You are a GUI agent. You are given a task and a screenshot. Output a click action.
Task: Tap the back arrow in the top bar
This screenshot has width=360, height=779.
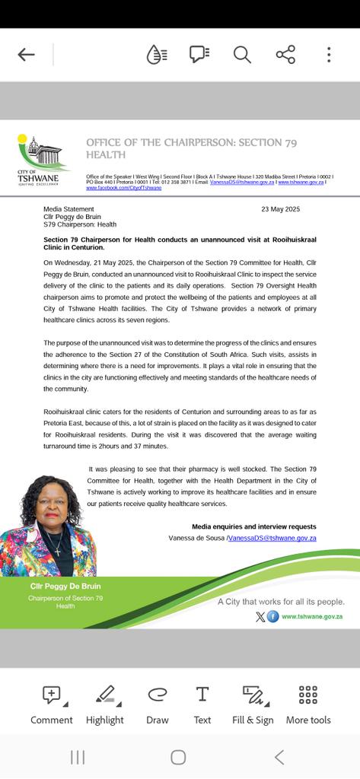point(26,54)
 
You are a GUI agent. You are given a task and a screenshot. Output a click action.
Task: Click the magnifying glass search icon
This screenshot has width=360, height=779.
point(242,54)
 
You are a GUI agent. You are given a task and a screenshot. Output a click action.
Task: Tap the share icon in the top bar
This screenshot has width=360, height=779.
point(285,54)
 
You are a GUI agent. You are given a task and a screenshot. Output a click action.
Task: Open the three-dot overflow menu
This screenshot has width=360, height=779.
point(329,54)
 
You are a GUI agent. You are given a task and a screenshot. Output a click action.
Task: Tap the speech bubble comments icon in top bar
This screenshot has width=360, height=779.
point(199,54)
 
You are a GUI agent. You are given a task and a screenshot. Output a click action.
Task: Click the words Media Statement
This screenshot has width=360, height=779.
point(65,208)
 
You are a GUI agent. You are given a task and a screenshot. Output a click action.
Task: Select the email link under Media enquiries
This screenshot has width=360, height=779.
point(272,538)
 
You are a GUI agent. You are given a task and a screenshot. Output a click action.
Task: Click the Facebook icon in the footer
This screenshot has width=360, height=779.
point(273,616)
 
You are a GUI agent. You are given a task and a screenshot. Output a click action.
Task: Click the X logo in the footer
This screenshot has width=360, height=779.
point(260,616)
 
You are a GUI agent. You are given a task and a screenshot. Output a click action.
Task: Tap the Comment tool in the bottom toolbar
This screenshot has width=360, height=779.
point(52,703)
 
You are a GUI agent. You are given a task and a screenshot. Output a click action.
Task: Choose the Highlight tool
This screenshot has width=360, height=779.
point(104,703)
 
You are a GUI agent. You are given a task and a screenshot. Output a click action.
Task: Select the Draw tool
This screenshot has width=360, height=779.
point(158,703)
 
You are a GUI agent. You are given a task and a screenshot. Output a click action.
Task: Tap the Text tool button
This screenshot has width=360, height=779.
point(202,703)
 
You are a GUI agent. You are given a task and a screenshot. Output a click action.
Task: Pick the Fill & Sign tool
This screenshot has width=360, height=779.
point(253,703)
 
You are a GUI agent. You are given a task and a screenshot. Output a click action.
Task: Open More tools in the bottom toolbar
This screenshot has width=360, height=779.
point(308,703)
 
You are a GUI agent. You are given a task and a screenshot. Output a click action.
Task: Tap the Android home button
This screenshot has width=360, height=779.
point(178,756)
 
